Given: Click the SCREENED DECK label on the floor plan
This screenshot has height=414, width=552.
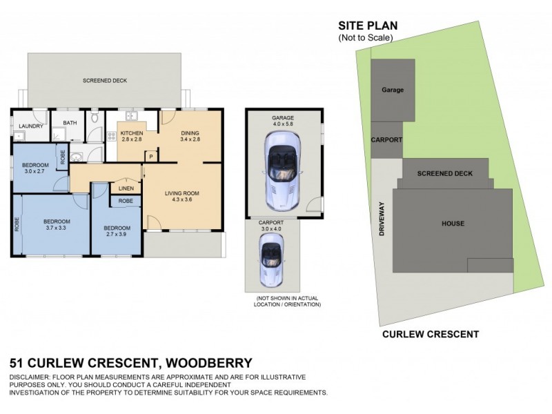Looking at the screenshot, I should tap(105, 81).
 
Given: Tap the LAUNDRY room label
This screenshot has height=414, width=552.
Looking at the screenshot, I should tap(32, 126).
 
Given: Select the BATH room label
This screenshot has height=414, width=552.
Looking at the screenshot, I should tap(70, 124).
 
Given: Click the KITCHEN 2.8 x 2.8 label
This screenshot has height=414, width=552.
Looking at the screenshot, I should tap(131, 136).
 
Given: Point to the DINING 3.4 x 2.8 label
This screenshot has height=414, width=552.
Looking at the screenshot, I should tap(189, 136).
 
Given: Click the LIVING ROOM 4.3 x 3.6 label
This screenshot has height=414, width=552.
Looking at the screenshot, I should tap(182, 197).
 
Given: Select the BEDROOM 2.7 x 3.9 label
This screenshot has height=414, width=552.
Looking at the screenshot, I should tap(117, 231).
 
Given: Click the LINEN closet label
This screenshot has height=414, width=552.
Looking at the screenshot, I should tap(126, 188).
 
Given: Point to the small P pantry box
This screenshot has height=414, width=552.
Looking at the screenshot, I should tap(150, 157).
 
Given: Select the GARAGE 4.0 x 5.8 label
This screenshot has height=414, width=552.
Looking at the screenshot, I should tap(283, 121).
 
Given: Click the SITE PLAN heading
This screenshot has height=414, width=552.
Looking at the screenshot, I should tap(367, 26).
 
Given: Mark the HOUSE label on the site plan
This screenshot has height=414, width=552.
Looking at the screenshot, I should tap(453, 224).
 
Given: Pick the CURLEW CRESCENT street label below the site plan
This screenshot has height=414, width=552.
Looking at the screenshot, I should tap(431, 335).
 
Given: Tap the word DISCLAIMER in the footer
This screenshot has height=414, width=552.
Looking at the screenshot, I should tap(31, 377).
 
